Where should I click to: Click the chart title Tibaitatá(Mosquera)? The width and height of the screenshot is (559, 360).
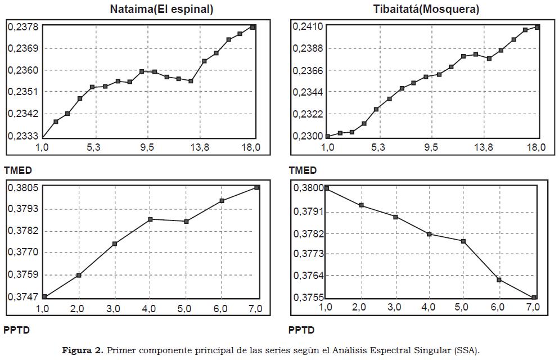tap(426, 9)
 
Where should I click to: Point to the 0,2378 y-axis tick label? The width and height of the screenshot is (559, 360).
tap(23, 26)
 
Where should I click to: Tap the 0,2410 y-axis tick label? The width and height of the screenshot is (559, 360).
tap(308, 26)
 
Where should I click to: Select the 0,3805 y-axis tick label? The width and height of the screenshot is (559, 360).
tap(23, 188)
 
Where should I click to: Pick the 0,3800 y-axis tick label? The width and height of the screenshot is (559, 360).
tap(308, 188)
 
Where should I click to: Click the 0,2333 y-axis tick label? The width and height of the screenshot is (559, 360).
tap(23, 136)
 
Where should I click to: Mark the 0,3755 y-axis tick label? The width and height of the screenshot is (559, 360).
tap(308, 298)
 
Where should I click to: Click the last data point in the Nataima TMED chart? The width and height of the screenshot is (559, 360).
tap(253, 26)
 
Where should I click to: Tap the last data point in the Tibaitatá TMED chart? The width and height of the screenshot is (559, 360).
tap(538, 27)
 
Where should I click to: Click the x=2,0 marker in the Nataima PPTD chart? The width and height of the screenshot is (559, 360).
tap(79, 275)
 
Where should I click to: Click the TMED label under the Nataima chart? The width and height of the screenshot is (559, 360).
tap(18, 170)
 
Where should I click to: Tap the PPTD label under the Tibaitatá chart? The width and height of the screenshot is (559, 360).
tap(301, 330)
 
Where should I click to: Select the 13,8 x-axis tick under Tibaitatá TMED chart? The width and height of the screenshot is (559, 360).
tap(483, 148)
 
